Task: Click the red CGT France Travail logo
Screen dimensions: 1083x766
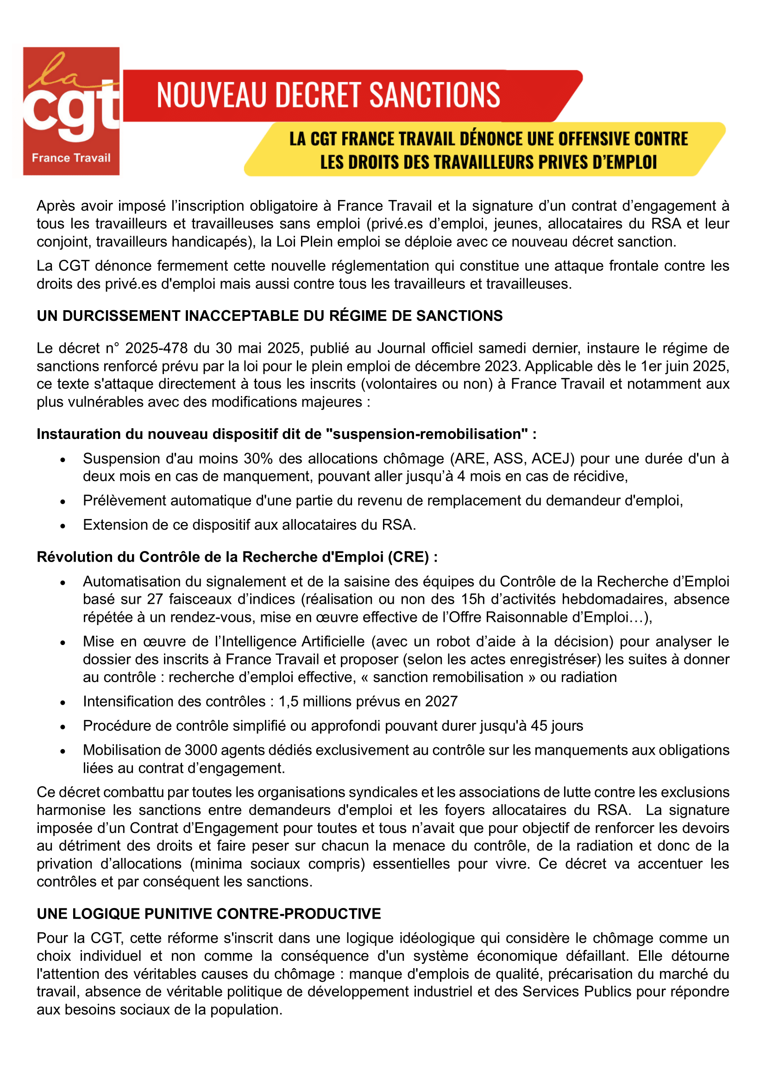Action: click(71, 111)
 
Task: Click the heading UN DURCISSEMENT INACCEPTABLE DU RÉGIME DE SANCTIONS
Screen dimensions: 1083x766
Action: click(270, 316)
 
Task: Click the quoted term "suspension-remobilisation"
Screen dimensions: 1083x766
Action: click(430, 434)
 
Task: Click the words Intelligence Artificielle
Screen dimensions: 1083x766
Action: click(293, 641)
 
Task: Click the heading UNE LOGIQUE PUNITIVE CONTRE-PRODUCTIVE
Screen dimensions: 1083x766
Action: click(208, 914)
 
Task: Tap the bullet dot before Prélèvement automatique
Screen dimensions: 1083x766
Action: click(63, 501)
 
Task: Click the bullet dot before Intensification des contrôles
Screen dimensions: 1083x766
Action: click(63, 702)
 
